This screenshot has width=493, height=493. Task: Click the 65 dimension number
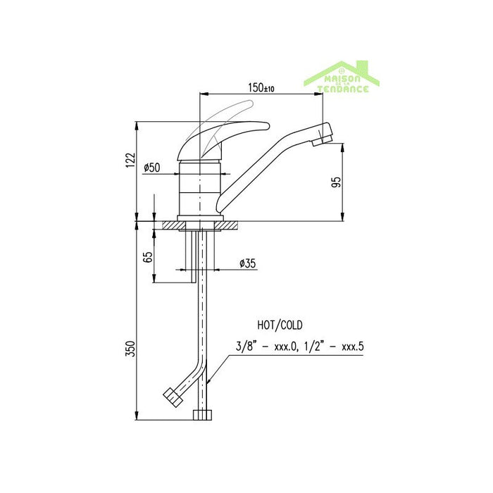pyautogui.click(x=148, y=256)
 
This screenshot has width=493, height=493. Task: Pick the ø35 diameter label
pyautogui.click(x=247, y=263)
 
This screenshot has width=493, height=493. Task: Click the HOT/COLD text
pyautogui.click(x=280, y=325)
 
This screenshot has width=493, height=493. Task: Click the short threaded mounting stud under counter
pyautogui.click(x=189, y=257)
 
